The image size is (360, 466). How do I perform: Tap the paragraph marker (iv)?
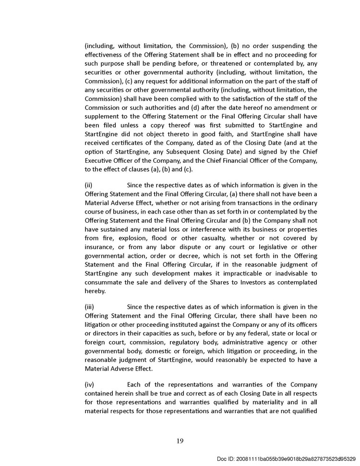click(89, 384)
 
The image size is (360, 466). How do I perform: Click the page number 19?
click(180, 441)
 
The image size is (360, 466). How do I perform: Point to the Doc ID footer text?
click(286, 459)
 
